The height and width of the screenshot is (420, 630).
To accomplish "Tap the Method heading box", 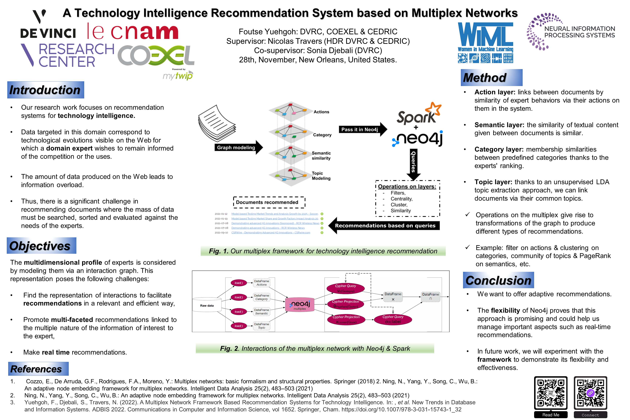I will [491, 78].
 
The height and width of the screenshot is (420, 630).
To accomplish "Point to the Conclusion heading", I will [498, 280].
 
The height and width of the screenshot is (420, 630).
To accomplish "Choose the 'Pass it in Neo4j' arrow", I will [362, 130].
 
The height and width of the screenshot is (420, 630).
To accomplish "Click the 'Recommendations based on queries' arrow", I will [385, 225].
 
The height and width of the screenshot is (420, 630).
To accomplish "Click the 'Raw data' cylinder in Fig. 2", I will [207, 305].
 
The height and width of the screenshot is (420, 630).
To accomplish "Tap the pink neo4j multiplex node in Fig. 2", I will [300, 305].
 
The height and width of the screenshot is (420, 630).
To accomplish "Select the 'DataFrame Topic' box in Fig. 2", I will [261, 326].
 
